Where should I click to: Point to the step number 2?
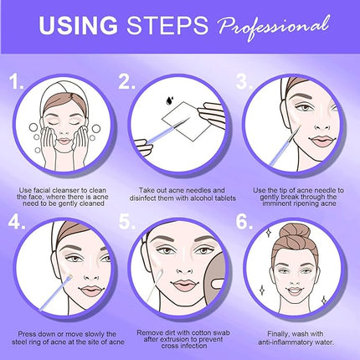tap(127, 82)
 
